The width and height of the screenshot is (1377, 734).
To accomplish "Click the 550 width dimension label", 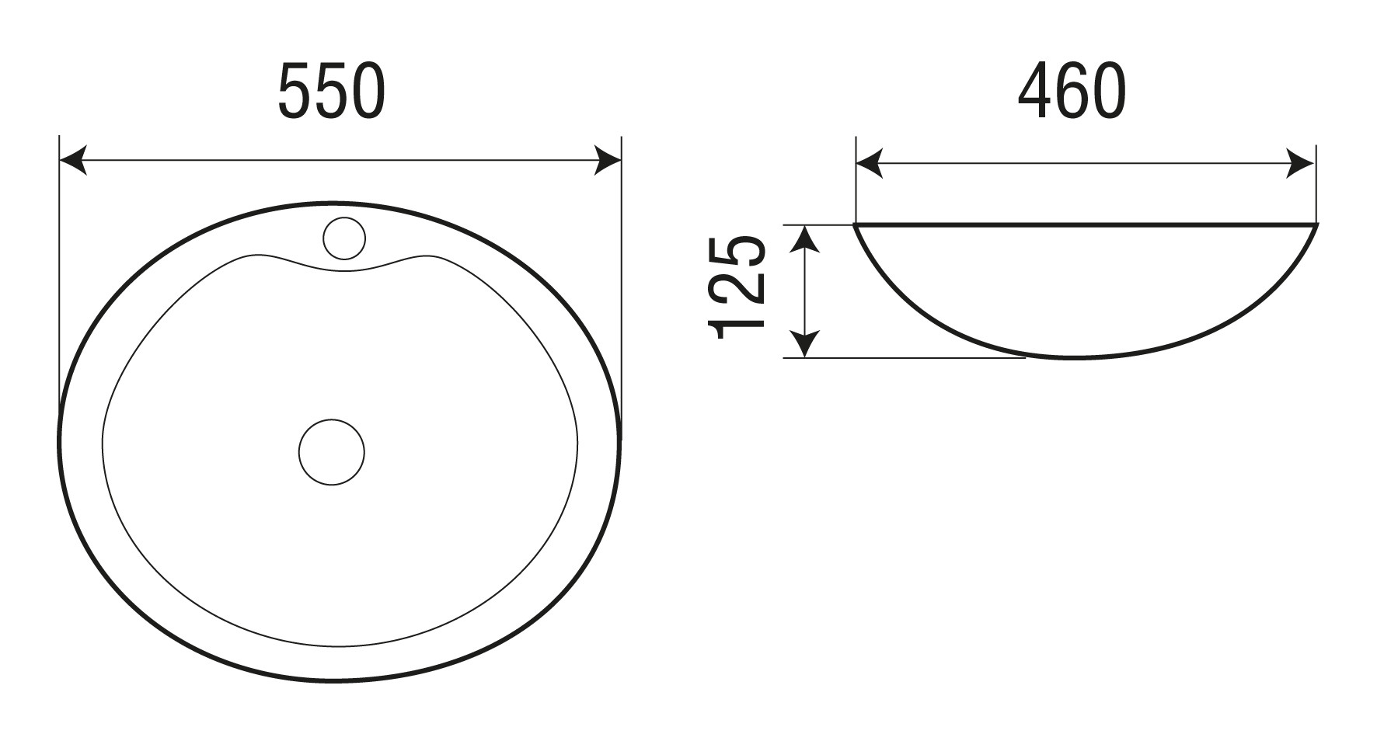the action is (331, 92).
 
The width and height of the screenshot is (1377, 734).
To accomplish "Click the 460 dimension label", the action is (1072, 92).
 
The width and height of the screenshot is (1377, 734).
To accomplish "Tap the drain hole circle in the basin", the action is (332, 452).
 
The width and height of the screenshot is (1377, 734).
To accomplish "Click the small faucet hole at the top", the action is (343, 237).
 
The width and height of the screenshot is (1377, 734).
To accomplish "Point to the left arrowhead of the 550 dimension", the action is (72, 161).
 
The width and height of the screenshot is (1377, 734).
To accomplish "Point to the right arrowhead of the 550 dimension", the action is (608, 161).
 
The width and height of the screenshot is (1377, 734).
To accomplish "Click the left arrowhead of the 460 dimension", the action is (869, 163).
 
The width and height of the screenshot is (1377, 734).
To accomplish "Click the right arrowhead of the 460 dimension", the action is (1301, 163).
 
